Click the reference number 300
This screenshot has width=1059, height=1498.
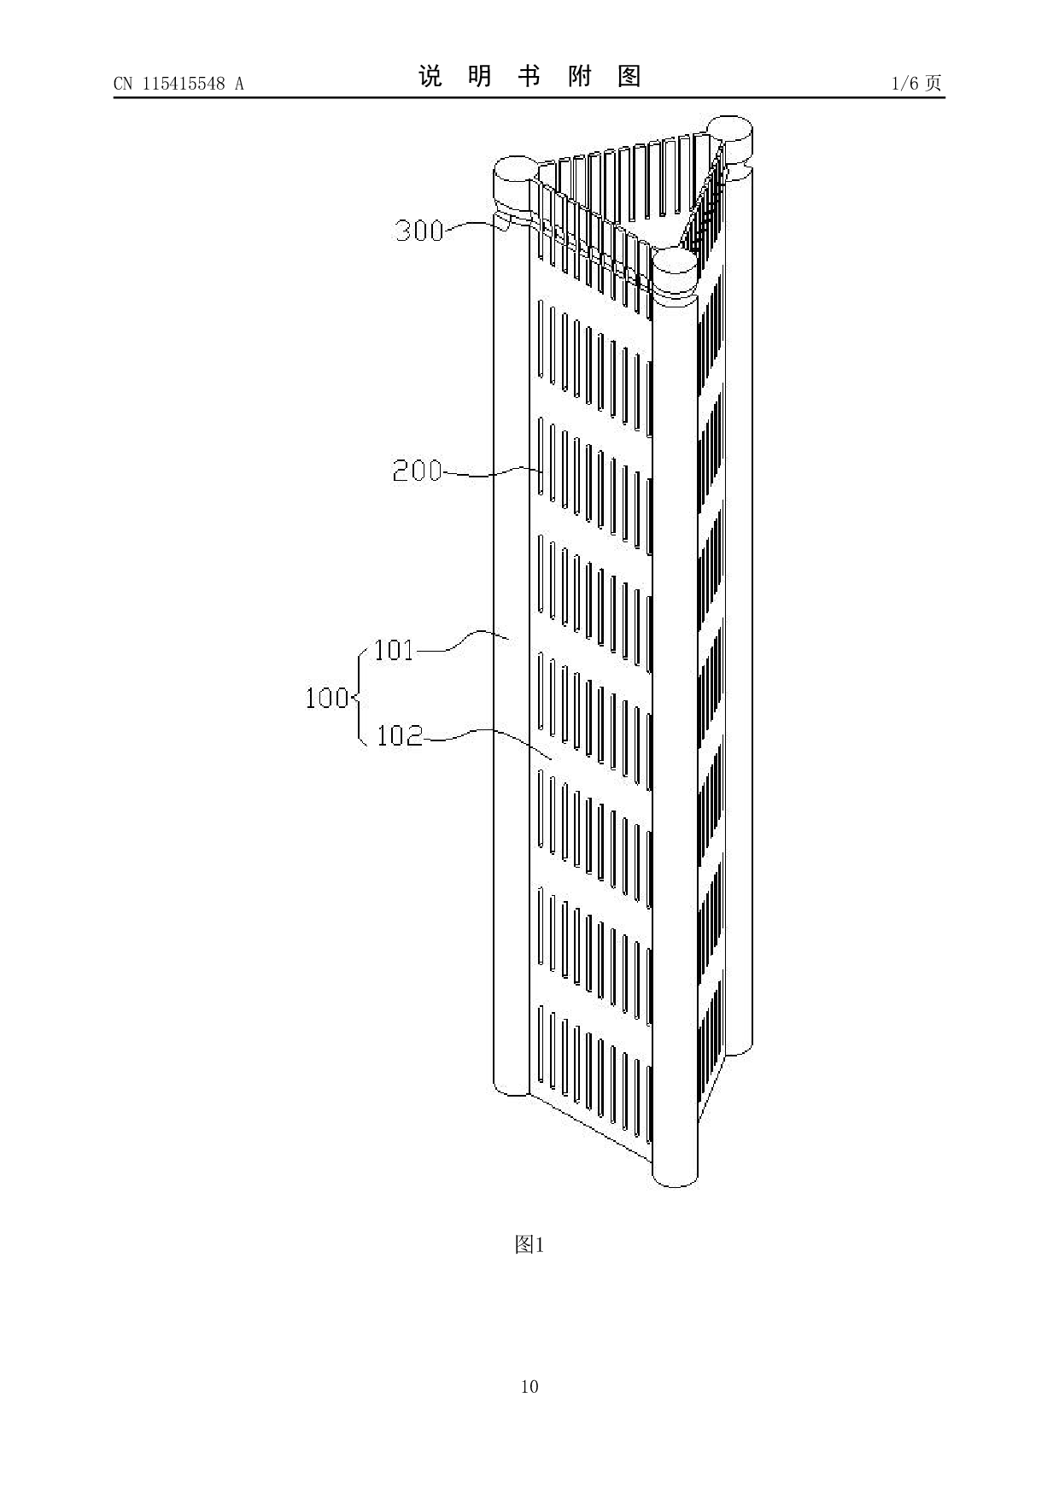pyautogui.click(x=418, y=231)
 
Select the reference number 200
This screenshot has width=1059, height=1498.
pyautogui.click(x=417, y=471)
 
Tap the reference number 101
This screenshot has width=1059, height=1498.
pyautogui.click(x=394, y=651)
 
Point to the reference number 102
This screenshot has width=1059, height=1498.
pyautogui.click(x=400, y=735)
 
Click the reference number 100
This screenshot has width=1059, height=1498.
pyautogui.click(x=327, y=699)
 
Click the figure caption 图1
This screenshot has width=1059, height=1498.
pyautogui.click(x=529, y=1245)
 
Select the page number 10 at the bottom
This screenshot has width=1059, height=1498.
pyautogui.click(x=529, y=1386)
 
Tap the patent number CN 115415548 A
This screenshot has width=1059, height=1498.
pyautogui.click(x=178, y=84)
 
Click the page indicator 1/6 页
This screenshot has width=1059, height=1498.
pyautogui.click(x=916, y=84)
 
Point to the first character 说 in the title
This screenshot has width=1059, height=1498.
pyautogui.click(x=430, y=77)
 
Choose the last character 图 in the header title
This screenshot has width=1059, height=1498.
pyautogui.click(x=629, y=77)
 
